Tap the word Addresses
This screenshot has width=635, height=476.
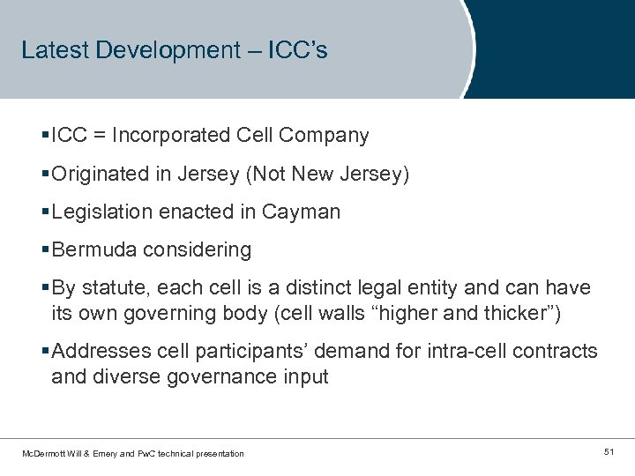pos(96,352)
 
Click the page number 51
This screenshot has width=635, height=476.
pos(609,452)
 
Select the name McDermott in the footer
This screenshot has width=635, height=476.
pos(43,453)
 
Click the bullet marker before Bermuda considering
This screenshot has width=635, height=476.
pos(46,250)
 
